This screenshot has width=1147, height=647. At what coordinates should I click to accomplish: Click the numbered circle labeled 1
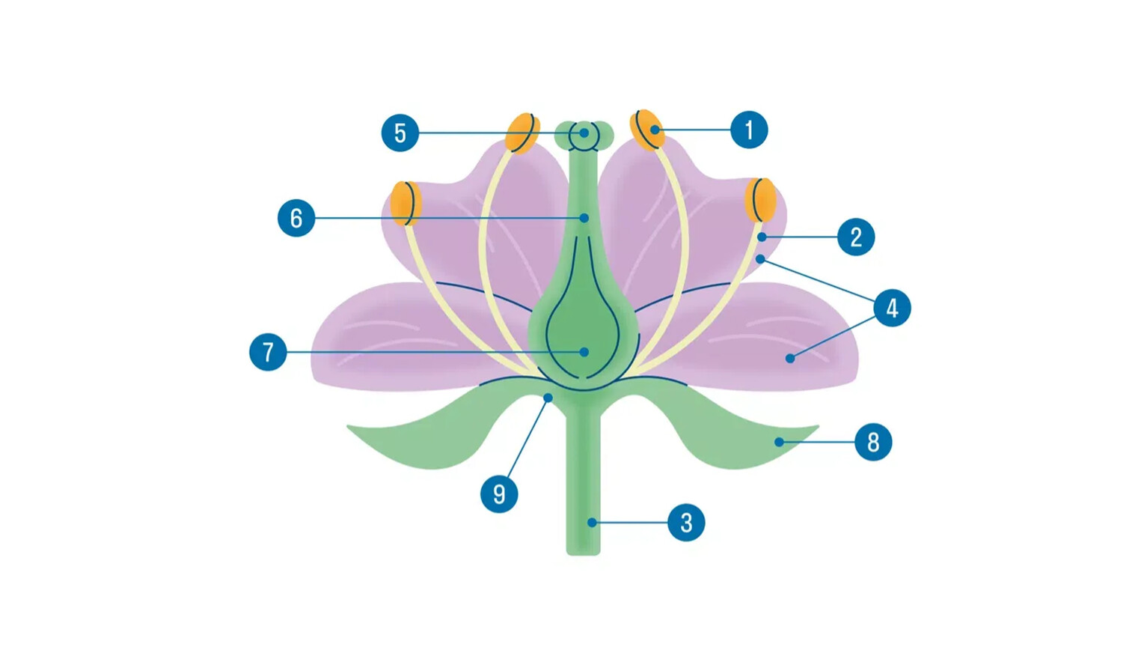[x=749, y=130]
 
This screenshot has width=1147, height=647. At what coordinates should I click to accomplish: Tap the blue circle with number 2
[x=856, y=237]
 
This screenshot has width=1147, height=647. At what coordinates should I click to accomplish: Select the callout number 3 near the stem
[x=686, y=523]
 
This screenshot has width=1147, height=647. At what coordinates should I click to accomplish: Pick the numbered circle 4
[x=892, y=308]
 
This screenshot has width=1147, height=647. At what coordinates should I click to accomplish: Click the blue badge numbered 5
[x=400, y=133]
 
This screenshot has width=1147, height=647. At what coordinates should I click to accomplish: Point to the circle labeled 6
[x=296, y=218]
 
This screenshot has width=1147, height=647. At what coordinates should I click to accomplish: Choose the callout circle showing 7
[x=268, y=352]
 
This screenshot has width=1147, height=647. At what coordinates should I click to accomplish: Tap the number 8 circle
[x=873, y=442]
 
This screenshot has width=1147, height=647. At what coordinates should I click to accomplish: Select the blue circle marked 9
[x=499, y=494]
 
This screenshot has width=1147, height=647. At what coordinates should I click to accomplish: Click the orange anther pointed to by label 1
[x=647, y=130]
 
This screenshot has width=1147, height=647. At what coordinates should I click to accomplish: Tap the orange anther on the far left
[x=406, y=203]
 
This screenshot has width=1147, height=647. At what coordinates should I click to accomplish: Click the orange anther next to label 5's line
[x=522, y=133]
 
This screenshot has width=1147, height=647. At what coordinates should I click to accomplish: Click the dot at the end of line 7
[x=584, y=352]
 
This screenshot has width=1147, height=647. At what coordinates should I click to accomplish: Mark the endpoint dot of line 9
[x=548, y=398]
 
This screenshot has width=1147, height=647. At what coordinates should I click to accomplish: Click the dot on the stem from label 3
[x=592, y=523]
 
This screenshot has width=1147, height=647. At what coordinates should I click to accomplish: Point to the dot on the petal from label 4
[x=790, y=359]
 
